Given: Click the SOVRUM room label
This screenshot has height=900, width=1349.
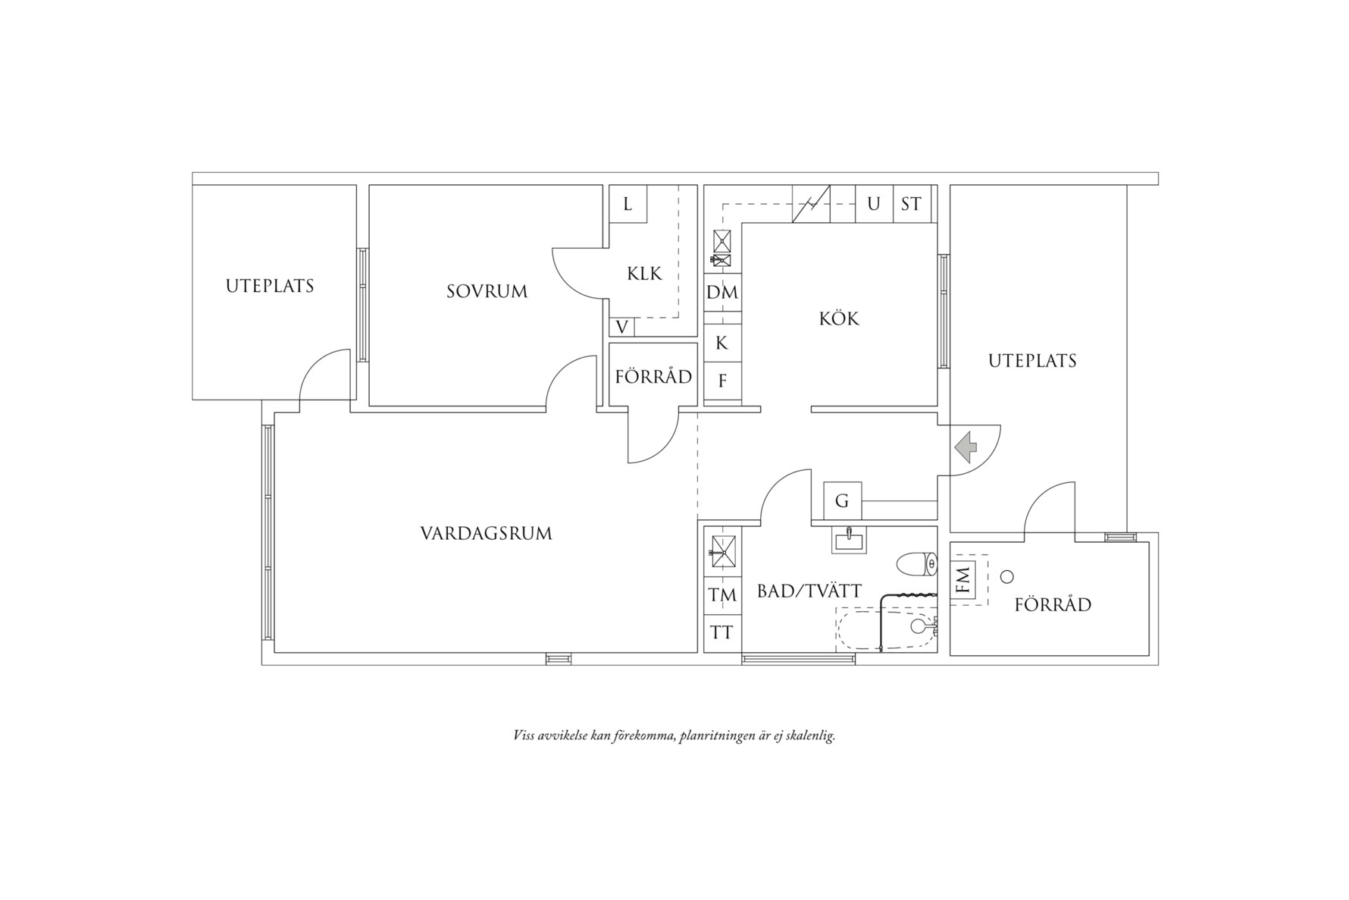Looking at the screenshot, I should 487,291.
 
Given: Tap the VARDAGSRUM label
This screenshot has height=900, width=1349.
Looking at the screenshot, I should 486,534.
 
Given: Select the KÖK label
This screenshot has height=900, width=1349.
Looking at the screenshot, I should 839,318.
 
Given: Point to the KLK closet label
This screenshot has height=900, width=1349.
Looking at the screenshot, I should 644,273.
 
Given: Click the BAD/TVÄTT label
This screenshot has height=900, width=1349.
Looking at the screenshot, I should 809,591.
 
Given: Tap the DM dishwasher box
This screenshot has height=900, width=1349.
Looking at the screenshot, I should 722,293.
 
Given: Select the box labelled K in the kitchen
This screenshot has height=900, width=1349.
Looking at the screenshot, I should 721,343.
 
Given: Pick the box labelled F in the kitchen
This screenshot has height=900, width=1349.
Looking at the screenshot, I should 721,381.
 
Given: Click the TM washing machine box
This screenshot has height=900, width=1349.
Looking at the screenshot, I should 722,596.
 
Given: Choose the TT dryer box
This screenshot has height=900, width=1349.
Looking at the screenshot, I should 722,632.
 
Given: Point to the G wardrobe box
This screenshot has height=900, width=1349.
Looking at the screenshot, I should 842,501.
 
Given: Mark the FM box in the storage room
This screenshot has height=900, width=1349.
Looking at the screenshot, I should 963,581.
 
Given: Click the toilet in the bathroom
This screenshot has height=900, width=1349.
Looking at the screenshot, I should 917,564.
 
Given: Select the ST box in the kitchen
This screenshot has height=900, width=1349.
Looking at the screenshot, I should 911,204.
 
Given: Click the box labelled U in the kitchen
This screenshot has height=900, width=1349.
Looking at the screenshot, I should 874,204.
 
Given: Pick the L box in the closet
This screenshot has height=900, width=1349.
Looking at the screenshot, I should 628,204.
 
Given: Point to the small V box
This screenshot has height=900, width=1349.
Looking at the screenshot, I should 621,328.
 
